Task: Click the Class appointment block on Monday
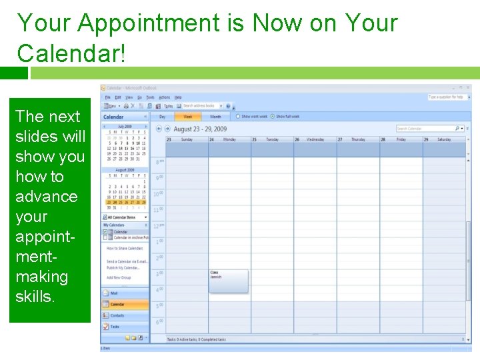[229, 280]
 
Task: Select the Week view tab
[188, 117]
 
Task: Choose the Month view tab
[215, 117]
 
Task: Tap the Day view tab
[162, 117]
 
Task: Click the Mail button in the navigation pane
[125, 293]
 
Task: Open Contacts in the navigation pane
[125, 315]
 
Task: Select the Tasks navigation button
[125, 327]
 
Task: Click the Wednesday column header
[315, 139]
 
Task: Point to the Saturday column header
[443, 139]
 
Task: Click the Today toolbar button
[167, 105]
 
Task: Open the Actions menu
[164, 97]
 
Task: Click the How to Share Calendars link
[125, 248]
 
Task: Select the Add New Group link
[119, 277]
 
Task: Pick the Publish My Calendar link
[123, 267]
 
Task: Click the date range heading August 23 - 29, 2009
[200, 129]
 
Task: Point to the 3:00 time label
[159, 274]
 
